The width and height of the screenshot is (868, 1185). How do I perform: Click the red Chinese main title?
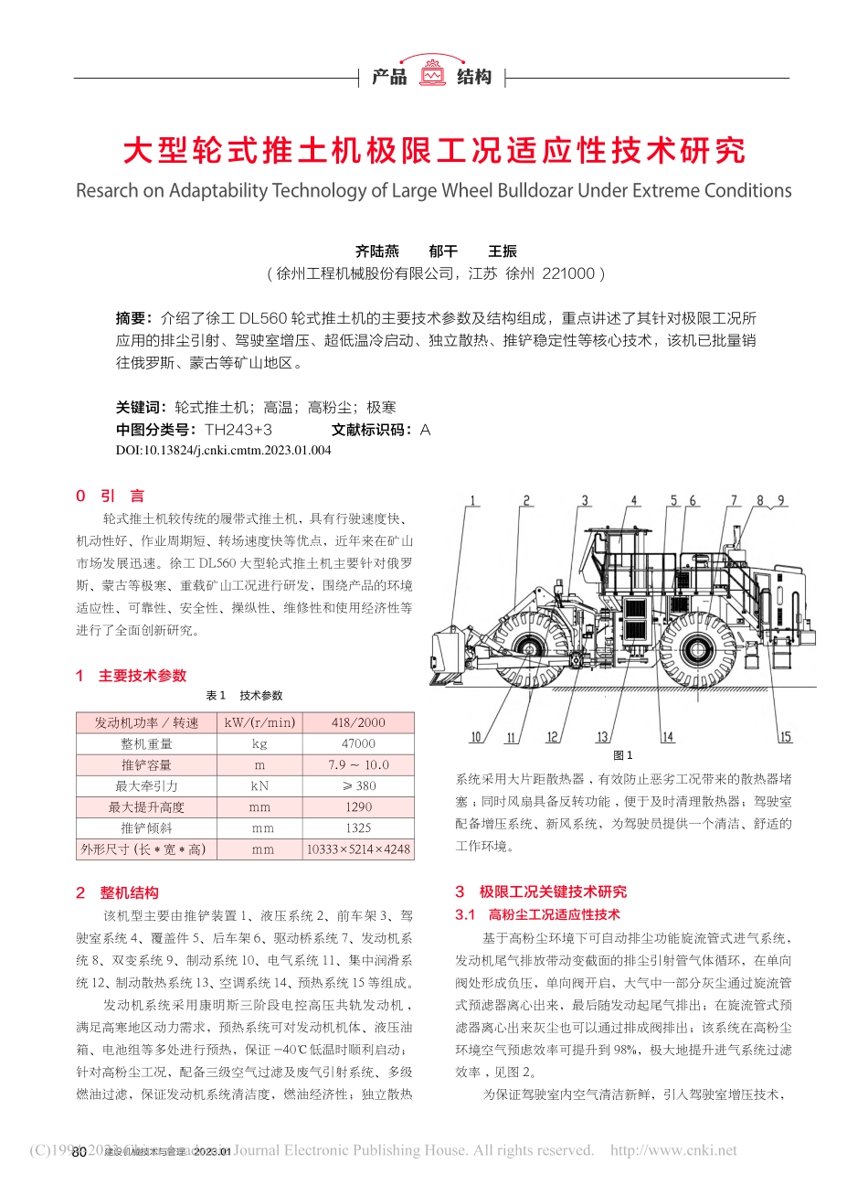433,151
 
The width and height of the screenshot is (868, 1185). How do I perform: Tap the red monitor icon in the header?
432,72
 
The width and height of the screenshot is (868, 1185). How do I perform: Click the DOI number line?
223,450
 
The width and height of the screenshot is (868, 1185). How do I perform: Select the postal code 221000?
568,273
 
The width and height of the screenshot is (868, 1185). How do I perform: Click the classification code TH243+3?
238,430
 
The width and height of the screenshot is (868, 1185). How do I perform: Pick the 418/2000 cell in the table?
358,722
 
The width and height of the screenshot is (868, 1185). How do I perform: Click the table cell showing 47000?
358,743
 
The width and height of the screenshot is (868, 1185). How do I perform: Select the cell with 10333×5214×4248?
358,849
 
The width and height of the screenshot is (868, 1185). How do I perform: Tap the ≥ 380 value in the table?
358,785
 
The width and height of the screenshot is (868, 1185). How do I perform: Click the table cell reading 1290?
358,806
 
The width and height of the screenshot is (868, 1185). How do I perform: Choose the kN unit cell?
259,785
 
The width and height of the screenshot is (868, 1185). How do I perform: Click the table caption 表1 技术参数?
244,696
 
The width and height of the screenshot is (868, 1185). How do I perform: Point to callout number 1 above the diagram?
473,500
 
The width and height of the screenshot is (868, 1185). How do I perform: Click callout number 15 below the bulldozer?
785,737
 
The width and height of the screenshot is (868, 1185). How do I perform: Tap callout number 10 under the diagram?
475,737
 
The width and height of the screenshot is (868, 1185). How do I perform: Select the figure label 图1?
622,755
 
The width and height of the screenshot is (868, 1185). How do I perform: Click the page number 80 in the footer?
79,1152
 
